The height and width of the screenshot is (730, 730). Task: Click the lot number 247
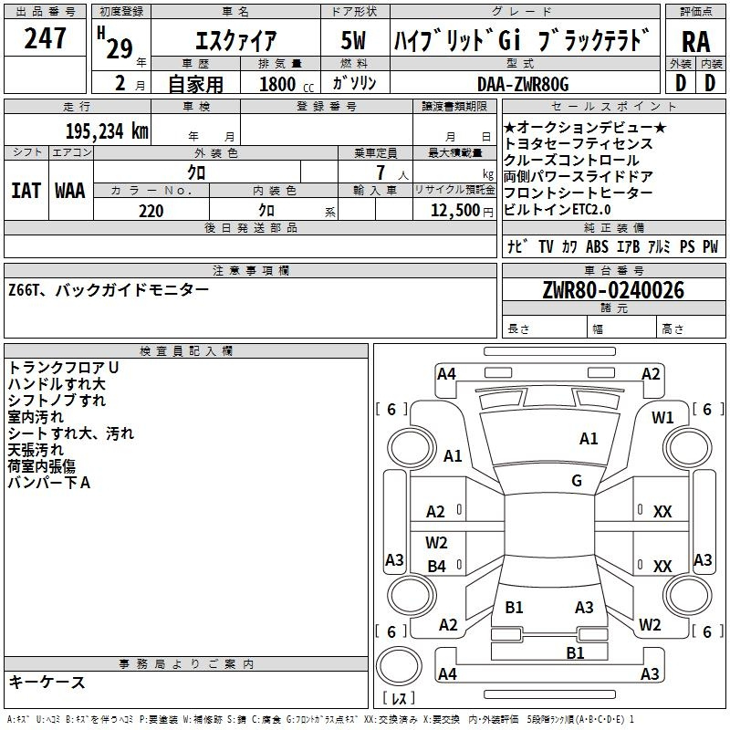(45, 37)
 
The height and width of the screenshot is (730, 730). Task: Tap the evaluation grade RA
(695, 42)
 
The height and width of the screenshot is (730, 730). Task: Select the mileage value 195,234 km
(107, 130)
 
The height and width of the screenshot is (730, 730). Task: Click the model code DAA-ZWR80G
(523, 84)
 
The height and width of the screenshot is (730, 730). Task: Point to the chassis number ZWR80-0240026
(613, 290)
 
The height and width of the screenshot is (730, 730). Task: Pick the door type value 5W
(353, 40)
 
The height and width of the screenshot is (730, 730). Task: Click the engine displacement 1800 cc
(287, 84)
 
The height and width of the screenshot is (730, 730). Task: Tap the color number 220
(151, 211)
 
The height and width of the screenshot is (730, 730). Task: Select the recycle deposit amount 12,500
(454, 211)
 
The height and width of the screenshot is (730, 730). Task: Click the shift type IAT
(26, 191)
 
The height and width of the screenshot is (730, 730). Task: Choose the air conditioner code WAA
(70, 191)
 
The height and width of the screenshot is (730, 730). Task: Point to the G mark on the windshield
(577, 480)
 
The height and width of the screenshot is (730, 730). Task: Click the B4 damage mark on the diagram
(436, 566)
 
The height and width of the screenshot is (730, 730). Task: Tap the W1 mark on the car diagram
(662, 418)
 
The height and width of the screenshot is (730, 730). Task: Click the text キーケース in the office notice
(47, 682)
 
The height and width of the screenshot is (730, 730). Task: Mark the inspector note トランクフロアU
(63, 368)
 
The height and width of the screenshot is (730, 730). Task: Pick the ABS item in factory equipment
(597, 246)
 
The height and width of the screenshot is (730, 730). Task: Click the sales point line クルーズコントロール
(571, 161)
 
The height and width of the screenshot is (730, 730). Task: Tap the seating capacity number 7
(381, 172)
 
